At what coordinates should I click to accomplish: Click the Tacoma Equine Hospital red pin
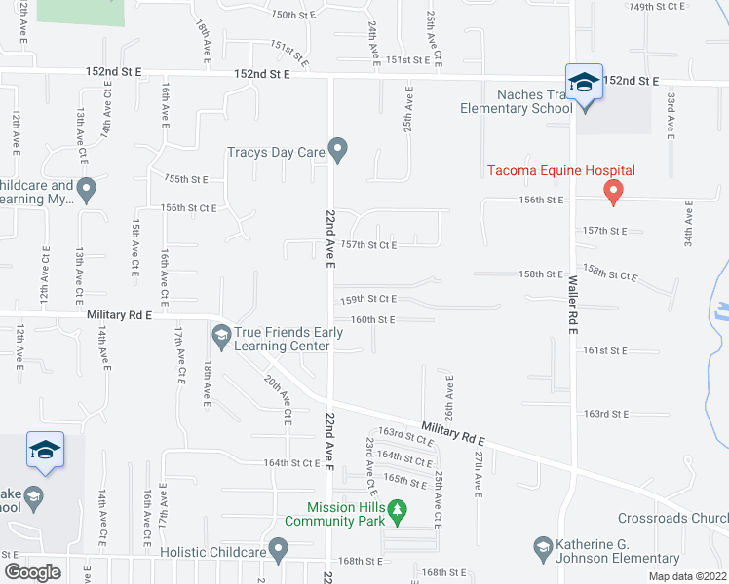point(613,191)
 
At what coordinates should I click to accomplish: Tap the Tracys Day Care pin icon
point(338,150)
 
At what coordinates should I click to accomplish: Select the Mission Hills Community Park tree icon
point(397,509)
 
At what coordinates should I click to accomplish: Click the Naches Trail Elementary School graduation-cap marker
point(583,83)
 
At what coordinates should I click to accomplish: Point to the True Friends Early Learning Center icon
point(221,336)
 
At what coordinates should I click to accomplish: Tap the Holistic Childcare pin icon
point(280,550)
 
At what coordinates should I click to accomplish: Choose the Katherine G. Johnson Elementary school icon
point(544,550)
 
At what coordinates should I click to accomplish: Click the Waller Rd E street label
point(573,301)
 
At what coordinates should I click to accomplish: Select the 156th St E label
point(542,200)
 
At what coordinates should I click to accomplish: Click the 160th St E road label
point(372,319)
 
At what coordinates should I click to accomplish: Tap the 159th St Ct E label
point(367,299)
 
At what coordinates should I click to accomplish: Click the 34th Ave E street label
point(688,224)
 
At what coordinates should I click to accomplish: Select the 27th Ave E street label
point(479,470)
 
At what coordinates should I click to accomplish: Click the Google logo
point(32,571)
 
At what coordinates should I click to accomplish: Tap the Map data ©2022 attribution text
point(688,576)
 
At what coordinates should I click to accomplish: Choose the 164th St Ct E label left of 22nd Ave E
point(292,463)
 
